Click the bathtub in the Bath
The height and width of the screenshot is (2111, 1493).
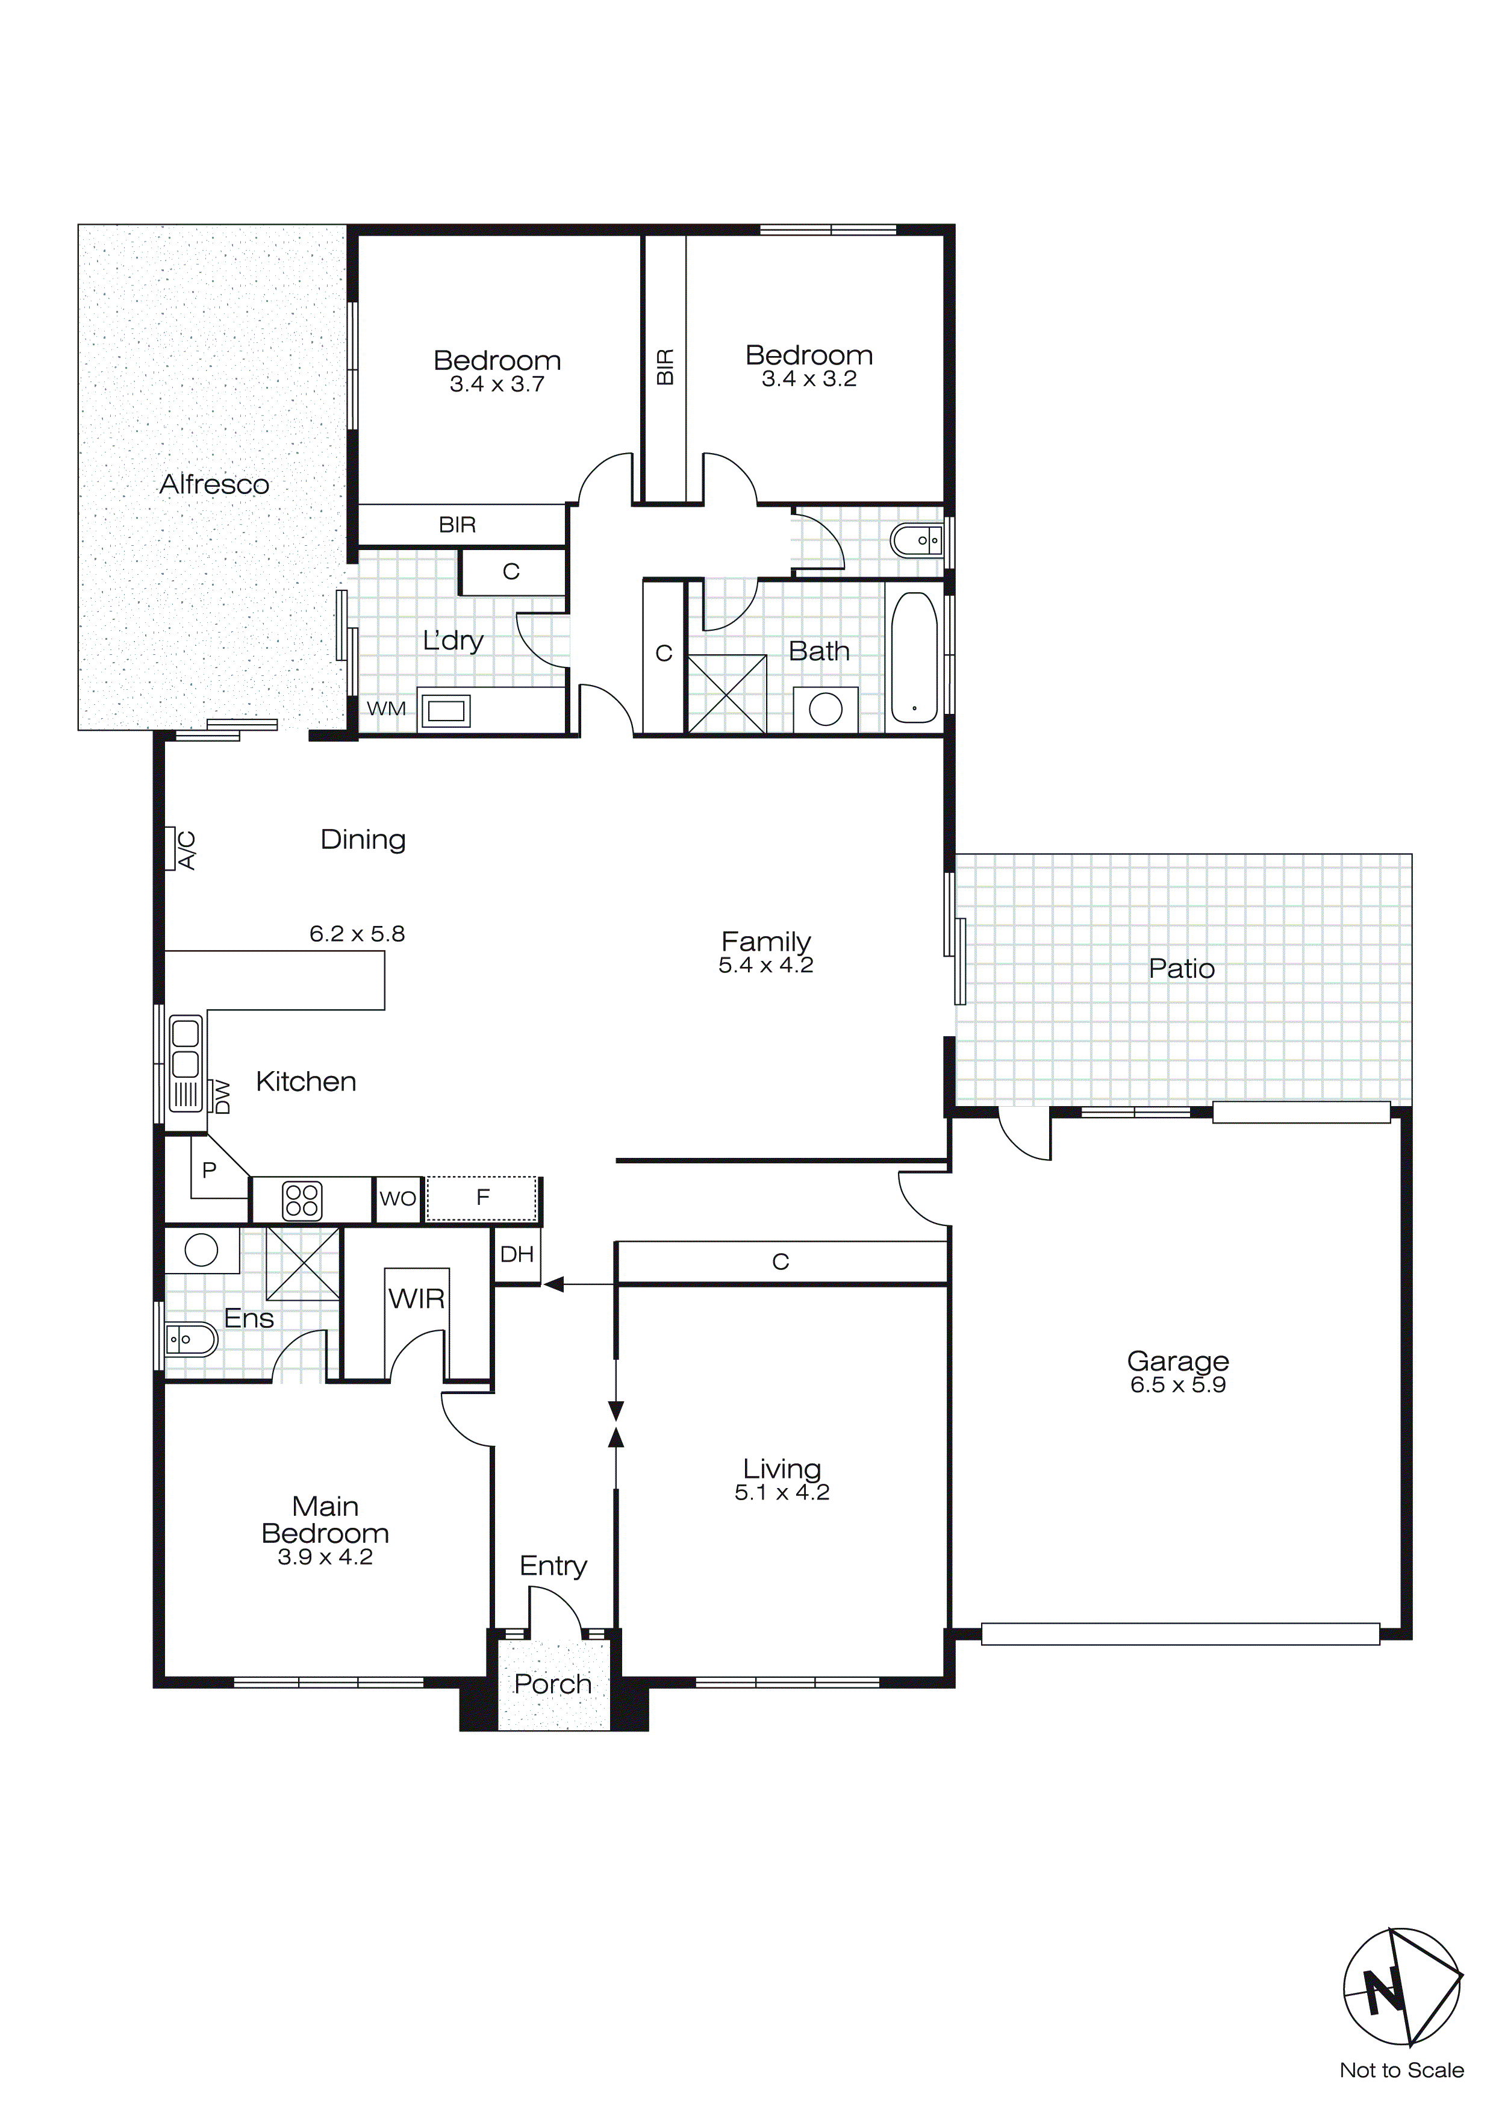click(x=914, y=657)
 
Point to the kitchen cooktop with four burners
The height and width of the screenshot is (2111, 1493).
click(x=302, y=1201)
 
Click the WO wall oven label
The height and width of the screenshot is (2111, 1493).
click(x=398, y=1199)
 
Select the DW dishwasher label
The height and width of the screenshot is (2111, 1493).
click(x=222, y=1097)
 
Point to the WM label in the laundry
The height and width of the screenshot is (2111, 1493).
click(x=386, y=709)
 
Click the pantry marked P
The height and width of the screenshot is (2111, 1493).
click(x=210, y=1171)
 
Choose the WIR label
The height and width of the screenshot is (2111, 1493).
click(x=416, y=1299)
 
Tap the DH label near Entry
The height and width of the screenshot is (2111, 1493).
click(x=517, y=1254)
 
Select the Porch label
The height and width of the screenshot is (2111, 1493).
click(x=552, y=1684)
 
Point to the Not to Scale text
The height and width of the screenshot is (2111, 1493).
click(x=1401, y=2071)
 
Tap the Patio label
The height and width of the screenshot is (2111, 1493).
click(x=1182, y=969)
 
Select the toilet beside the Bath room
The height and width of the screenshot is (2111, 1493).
click(x=915, y=540)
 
